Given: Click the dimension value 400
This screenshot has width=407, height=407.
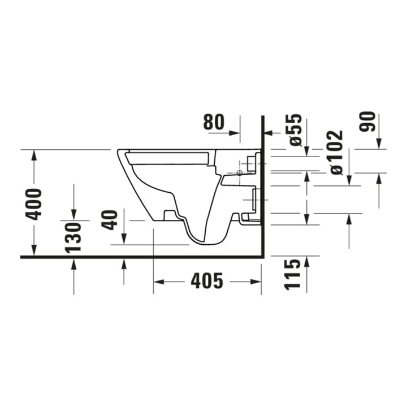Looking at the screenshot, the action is pos(33,204).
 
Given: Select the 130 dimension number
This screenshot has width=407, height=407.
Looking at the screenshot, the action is pos(73,238).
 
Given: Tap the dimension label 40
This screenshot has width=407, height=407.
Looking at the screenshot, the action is pos(109,220).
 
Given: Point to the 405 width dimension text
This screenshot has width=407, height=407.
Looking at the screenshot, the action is pos(207,281).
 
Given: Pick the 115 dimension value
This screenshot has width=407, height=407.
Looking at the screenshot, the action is pos(293,274).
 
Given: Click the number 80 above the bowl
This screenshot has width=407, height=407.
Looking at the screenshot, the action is pos(214,122).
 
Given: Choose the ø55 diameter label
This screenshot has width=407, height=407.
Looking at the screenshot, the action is pos(296,130).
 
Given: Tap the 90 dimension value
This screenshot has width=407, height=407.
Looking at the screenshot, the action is pos(367,122).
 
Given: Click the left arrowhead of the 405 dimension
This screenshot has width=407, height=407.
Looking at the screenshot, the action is pos(159,282).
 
